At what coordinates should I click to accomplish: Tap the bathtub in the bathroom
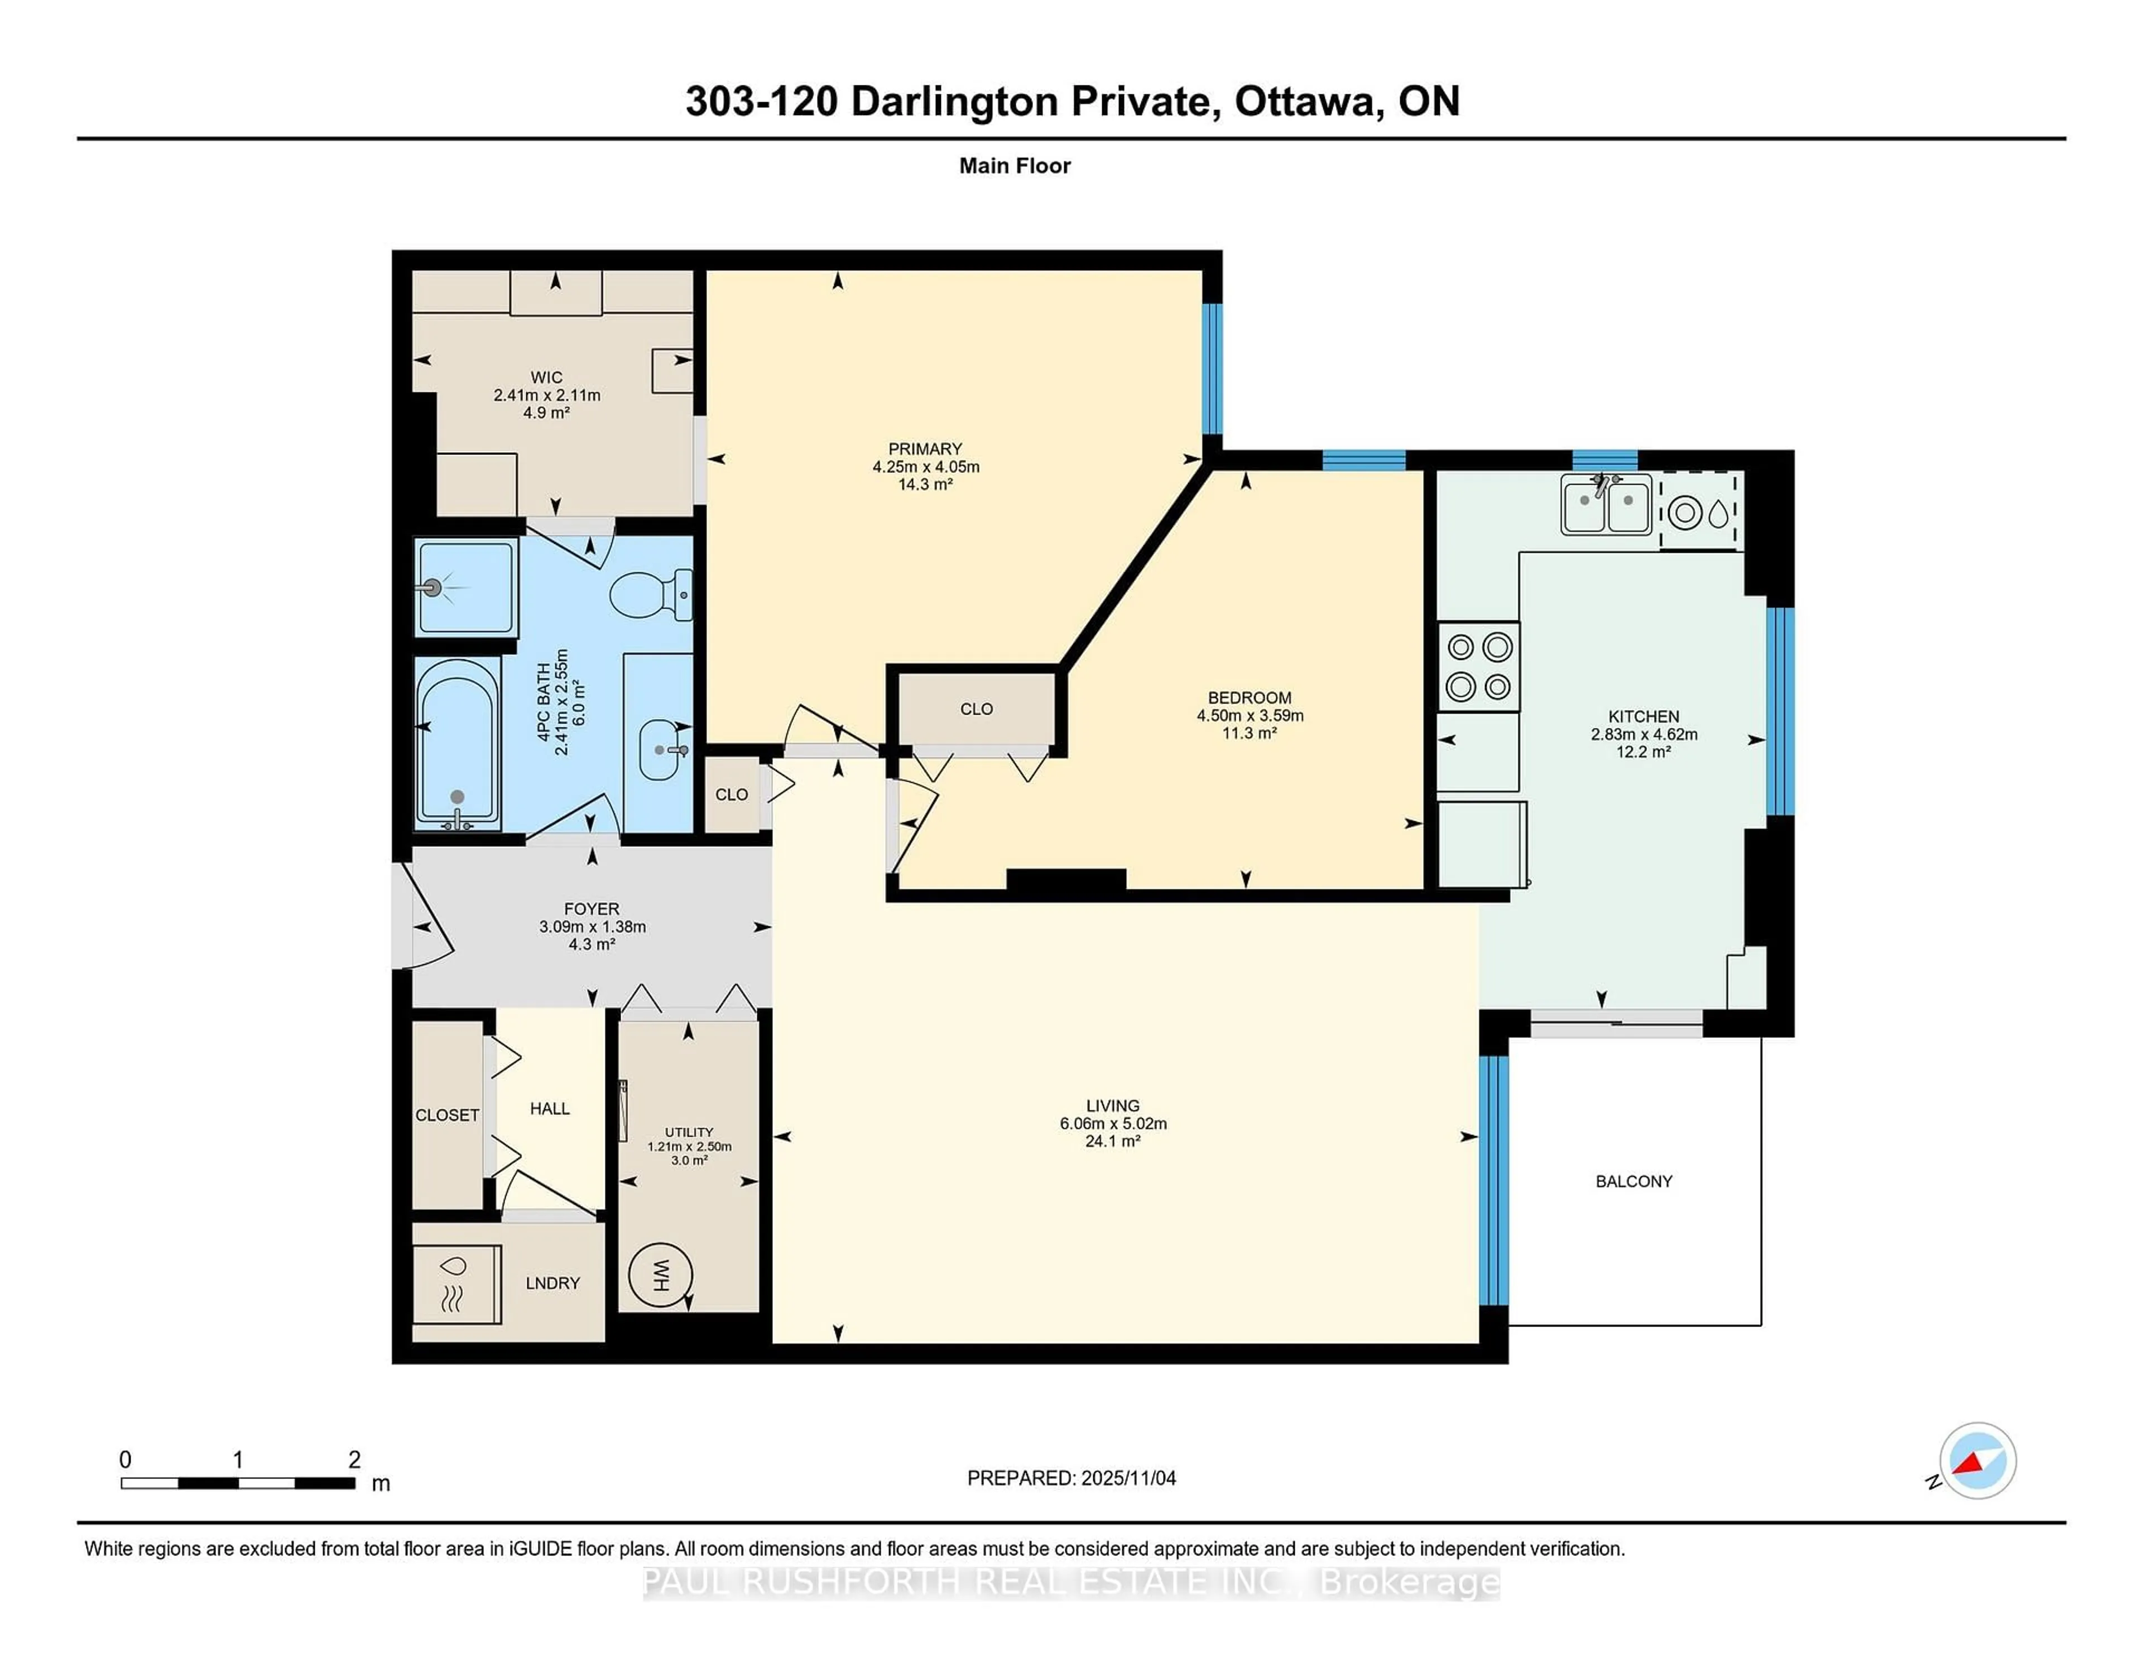457,743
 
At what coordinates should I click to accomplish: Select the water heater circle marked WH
660,1275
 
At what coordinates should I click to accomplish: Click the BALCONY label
1633,1181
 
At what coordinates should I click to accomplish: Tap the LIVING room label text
1113,1105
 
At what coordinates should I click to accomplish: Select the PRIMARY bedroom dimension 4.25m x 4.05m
925,467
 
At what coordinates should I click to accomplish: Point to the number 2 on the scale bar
354,1460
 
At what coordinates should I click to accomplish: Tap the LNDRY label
552,1283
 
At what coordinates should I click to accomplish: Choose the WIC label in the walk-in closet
546,377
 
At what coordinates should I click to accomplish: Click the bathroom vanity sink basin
660,750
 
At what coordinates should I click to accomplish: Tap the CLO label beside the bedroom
976,708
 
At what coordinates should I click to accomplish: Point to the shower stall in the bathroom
464,587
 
